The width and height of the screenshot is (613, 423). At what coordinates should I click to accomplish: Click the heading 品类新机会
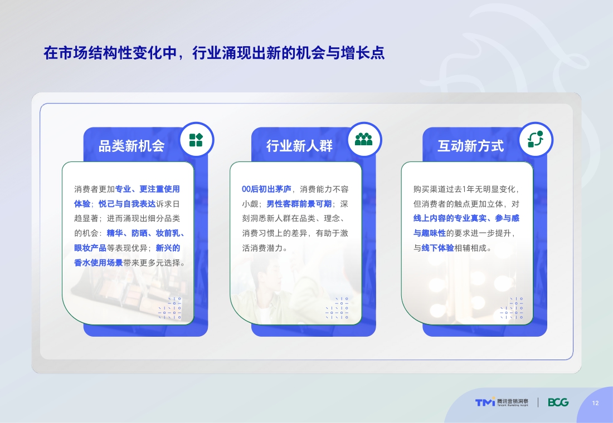[132, 146]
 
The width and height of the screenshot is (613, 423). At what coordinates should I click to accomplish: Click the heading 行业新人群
[299, 146]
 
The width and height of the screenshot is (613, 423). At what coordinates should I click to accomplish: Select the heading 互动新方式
[470, 146]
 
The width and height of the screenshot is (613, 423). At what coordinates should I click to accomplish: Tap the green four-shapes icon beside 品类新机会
[196, 140]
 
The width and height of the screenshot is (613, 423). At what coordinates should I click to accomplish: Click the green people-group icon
[364, 139]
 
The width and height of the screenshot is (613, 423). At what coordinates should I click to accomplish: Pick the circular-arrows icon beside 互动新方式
[535, 139]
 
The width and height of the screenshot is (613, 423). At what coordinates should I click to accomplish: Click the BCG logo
[558, 402]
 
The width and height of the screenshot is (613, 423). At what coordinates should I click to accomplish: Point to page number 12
[595, 403]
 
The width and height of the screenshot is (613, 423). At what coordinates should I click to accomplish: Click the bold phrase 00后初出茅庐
[266, 189]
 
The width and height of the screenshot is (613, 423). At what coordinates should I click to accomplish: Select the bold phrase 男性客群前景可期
[299, 204]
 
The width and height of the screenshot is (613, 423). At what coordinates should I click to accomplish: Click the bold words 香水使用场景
[98, 263]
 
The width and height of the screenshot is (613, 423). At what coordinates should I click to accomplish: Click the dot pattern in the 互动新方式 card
[511, 308]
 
